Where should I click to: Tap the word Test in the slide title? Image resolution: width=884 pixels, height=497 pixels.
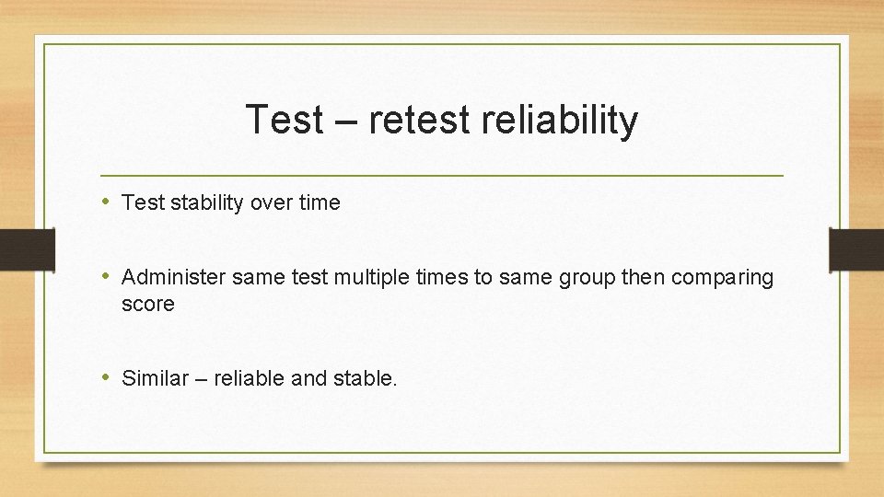coord(285,121)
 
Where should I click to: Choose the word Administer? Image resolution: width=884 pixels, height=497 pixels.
coord(173,277)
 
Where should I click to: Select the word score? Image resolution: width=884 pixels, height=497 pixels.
coord(147,304)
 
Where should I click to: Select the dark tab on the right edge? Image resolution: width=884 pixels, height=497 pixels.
coord(855,248)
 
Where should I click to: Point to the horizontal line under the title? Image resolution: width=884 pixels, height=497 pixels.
coord(442,175)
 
